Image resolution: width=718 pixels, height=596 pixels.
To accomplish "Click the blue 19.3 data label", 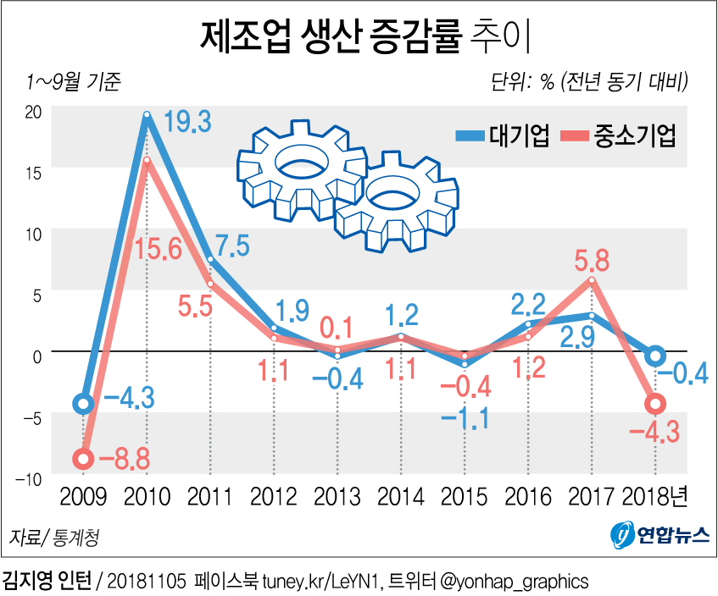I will click(187, 120).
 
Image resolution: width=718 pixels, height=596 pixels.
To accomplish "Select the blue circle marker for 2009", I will click(82, 404).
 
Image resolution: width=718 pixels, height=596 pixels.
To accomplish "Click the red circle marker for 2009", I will click(82, 459).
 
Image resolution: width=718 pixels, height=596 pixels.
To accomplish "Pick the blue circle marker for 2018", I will click(655, 356).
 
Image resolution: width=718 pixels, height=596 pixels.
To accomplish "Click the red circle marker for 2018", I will click(655, 404).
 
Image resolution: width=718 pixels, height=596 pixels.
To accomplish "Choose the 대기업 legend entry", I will click(503, 135).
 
